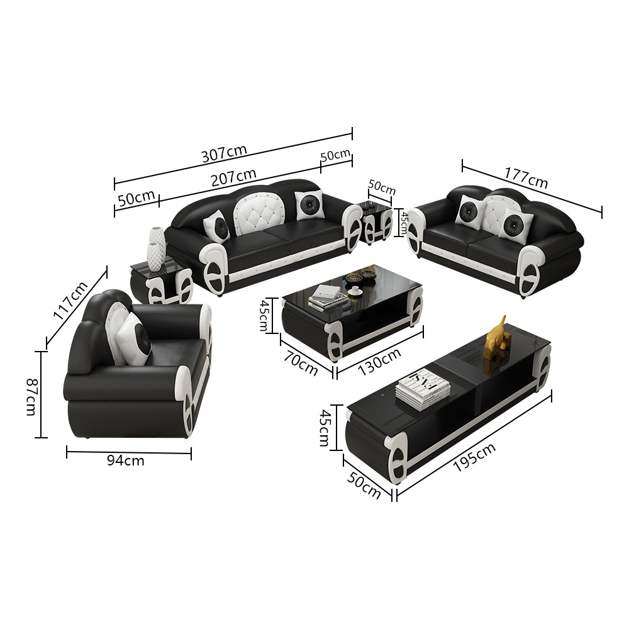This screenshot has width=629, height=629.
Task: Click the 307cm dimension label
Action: coord(224,153)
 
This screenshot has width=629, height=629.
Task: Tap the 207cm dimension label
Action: coord(234,177)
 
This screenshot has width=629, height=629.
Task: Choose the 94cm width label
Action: coord(126,460)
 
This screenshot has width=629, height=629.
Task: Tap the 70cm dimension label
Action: coord(301,363)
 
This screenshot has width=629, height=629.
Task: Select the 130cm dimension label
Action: coord(379,362)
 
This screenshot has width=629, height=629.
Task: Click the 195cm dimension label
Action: coord(474,457)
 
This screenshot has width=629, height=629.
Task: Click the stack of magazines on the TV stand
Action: coord(423,390)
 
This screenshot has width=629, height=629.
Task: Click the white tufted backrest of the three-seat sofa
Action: coord(259,211)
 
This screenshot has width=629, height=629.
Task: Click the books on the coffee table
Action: coord(328,298)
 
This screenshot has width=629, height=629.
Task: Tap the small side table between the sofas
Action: coord(376,221)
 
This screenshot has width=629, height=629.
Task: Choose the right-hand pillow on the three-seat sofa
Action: coord(309,204)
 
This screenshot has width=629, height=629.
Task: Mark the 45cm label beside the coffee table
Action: coord(264,315)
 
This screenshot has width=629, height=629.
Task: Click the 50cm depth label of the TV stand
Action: coord(364,485)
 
